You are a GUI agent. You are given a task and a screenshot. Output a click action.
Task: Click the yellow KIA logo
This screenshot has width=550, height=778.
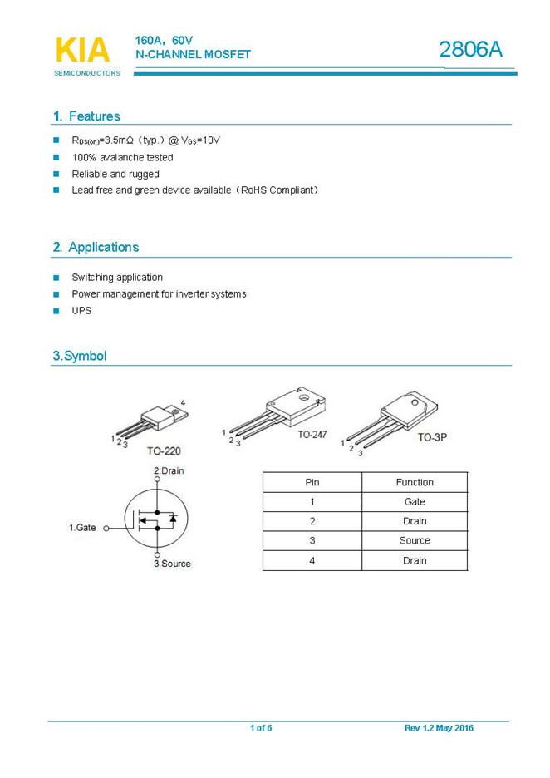click(x=82, y=51)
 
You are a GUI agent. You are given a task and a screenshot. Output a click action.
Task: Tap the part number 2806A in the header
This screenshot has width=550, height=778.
click(x=471, y=50)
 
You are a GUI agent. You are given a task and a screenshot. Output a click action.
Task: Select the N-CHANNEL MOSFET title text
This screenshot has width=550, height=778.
click(x=193, y=54)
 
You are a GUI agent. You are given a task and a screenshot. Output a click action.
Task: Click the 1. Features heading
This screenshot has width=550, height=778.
click(x=86, y=116)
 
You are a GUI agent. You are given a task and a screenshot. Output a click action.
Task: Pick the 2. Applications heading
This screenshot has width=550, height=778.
click(x=96, y=247)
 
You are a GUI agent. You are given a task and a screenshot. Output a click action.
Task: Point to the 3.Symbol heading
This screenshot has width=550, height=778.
click(x=80, y=356)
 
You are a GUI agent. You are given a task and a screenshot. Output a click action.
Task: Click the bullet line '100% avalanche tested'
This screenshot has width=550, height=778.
click(x=122, y=157)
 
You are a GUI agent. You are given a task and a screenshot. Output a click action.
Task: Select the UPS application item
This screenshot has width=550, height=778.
click(x=81, y=310)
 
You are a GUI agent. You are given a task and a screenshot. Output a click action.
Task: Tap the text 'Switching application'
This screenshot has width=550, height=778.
click(x=117, y=278)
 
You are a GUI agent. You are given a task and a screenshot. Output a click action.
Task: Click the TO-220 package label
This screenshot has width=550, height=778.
click(x=164, y=451)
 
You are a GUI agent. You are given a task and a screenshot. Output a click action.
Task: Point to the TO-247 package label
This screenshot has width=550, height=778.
click(x=312, y=435)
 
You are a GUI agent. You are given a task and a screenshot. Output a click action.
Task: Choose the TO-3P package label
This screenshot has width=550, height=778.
click(x=432, y=436)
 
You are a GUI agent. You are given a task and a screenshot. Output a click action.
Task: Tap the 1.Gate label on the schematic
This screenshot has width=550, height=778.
click(x=82, y=528)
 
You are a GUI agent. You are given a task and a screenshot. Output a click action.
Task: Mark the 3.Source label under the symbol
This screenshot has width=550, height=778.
click(x=172, y=564)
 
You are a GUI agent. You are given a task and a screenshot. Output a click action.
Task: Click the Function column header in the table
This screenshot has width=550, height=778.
click(x=415, y=482)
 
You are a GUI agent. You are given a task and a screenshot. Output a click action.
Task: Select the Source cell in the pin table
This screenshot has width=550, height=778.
click(x=415, y=541)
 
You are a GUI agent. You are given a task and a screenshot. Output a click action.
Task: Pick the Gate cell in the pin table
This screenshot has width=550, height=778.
click(x=415, y=502)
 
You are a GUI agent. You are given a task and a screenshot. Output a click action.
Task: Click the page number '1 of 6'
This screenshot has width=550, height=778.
click(x=261, y=728)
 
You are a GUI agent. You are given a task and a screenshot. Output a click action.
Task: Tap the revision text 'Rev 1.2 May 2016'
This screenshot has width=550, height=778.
click(x=439, y=728)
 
